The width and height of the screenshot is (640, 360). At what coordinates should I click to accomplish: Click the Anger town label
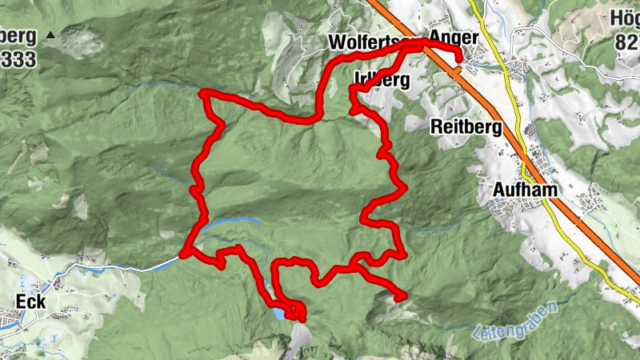454,38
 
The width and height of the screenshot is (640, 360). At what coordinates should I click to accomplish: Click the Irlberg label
381,80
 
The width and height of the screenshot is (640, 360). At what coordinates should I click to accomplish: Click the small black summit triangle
51,36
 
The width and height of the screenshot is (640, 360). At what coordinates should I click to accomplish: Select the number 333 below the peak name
18,60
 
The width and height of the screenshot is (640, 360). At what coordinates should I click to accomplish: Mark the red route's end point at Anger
459,55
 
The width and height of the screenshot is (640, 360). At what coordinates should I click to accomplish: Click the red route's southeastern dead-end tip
402,297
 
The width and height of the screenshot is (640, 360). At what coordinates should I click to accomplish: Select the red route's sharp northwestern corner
206,94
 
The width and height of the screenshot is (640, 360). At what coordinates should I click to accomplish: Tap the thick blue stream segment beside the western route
232,222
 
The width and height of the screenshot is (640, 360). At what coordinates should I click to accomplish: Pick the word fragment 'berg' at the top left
18,36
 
